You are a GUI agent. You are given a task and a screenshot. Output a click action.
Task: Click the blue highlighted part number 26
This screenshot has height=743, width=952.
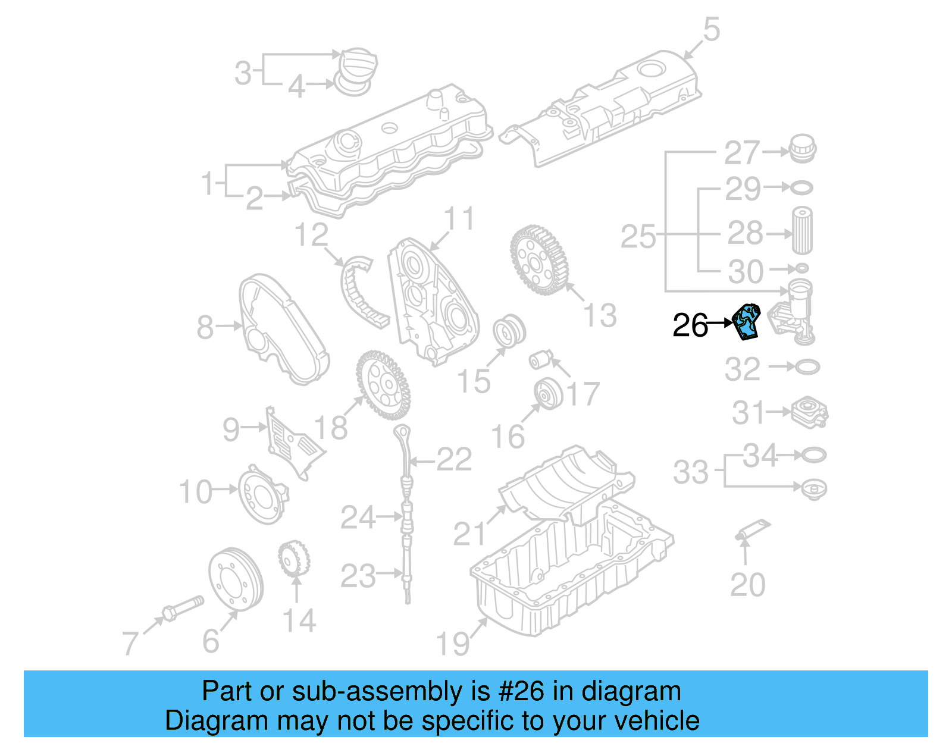pos(746,322)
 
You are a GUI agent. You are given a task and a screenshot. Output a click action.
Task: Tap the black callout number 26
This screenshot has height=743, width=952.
pos(690,325)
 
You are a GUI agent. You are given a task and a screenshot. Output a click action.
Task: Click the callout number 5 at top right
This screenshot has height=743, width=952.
pos(711,29)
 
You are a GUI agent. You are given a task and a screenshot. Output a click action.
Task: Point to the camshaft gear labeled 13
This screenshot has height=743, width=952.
pos(539,259)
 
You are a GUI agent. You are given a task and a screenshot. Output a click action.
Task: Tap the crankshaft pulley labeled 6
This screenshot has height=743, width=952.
pos(235,578)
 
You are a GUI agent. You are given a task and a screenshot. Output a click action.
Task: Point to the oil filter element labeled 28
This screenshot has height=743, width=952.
pos(801,230)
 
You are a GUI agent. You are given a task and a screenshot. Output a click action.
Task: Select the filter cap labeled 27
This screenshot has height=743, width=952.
pos(801,149)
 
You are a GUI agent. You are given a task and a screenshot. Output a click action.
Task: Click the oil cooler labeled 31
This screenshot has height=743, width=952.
pos(810,412)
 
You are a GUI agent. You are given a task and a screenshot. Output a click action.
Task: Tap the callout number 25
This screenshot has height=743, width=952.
pos(638,237)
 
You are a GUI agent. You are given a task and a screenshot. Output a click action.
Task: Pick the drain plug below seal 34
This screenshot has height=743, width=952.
pos(814,490)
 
